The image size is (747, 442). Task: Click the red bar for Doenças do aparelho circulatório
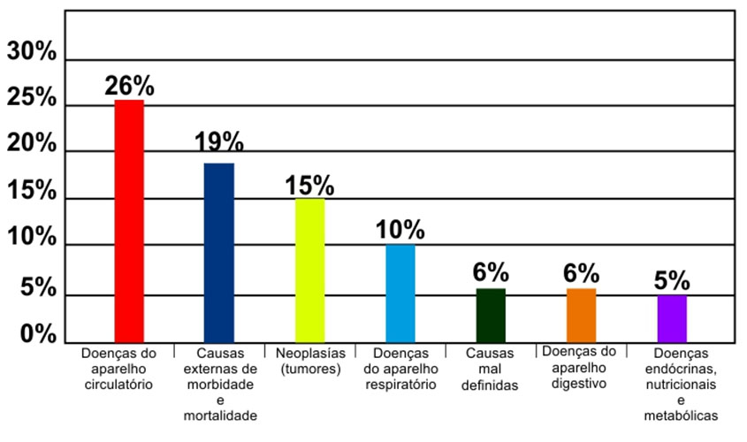point(129,221)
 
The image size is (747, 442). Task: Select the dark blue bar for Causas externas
point(219,253)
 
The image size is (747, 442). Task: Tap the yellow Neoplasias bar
point(309,271)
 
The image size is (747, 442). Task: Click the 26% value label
point(129,86)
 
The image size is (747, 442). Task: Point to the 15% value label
point(309,186)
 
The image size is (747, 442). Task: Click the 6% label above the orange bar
point(582,274)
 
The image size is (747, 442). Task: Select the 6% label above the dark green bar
point(491,274)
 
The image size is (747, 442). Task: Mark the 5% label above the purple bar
point(672,281)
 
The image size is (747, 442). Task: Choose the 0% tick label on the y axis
point(37,335)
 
